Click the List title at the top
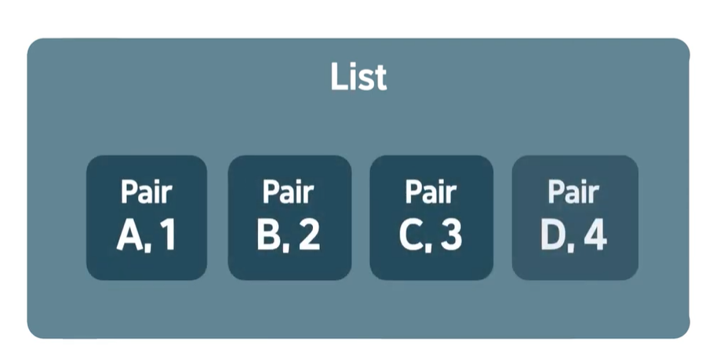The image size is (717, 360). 358,78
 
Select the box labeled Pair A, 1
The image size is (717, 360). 147,217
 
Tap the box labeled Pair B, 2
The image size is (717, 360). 289,217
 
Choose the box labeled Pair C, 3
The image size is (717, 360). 431,217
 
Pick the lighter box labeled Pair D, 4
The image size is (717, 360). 574,217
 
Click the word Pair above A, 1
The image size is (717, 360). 147,191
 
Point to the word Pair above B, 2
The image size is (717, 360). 289,191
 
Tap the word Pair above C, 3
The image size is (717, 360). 431,191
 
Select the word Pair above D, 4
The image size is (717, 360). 573,191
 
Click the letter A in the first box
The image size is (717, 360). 129,236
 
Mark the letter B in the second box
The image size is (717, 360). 269,236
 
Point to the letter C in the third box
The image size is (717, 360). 411,236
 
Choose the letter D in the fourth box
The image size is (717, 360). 554,236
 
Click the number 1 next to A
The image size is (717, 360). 167,236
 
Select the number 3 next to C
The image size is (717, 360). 451,236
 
